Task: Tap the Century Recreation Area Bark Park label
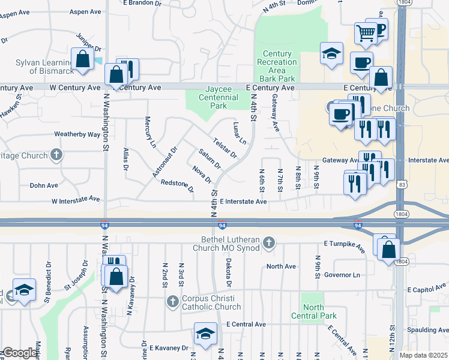276,66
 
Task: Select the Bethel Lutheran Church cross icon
269,242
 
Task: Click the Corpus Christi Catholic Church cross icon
173,301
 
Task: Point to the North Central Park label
313,311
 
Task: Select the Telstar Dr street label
225,147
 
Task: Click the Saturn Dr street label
210,158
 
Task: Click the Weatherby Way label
77,134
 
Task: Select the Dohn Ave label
43,185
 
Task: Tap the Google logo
20,353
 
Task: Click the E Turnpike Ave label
345,244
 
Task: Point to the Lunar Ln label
239,134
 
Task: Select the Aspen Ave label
85,11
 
